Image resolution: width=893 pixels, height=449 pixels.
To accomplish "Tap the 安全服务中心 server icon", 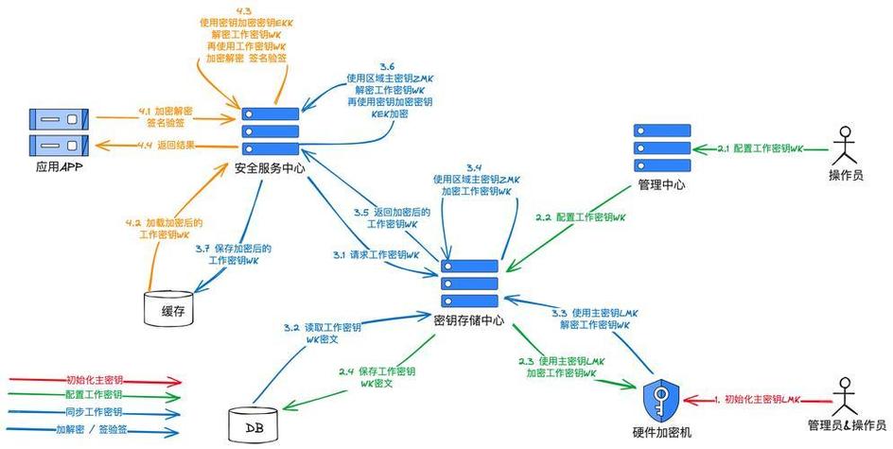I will pyautogui.click(x=270, y=131).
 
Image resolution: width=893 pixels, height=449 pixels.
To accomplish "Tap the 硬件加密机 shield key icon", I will pyautogui.click(x=660, y=401).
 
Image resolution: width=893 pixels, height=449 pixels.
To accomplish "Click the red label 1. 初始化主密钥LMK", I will pyautogui.click(x=758, y=400).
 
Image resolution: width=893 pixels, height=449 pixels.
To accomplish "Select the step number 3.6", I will pyautogui.click(x=388, y=65).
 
